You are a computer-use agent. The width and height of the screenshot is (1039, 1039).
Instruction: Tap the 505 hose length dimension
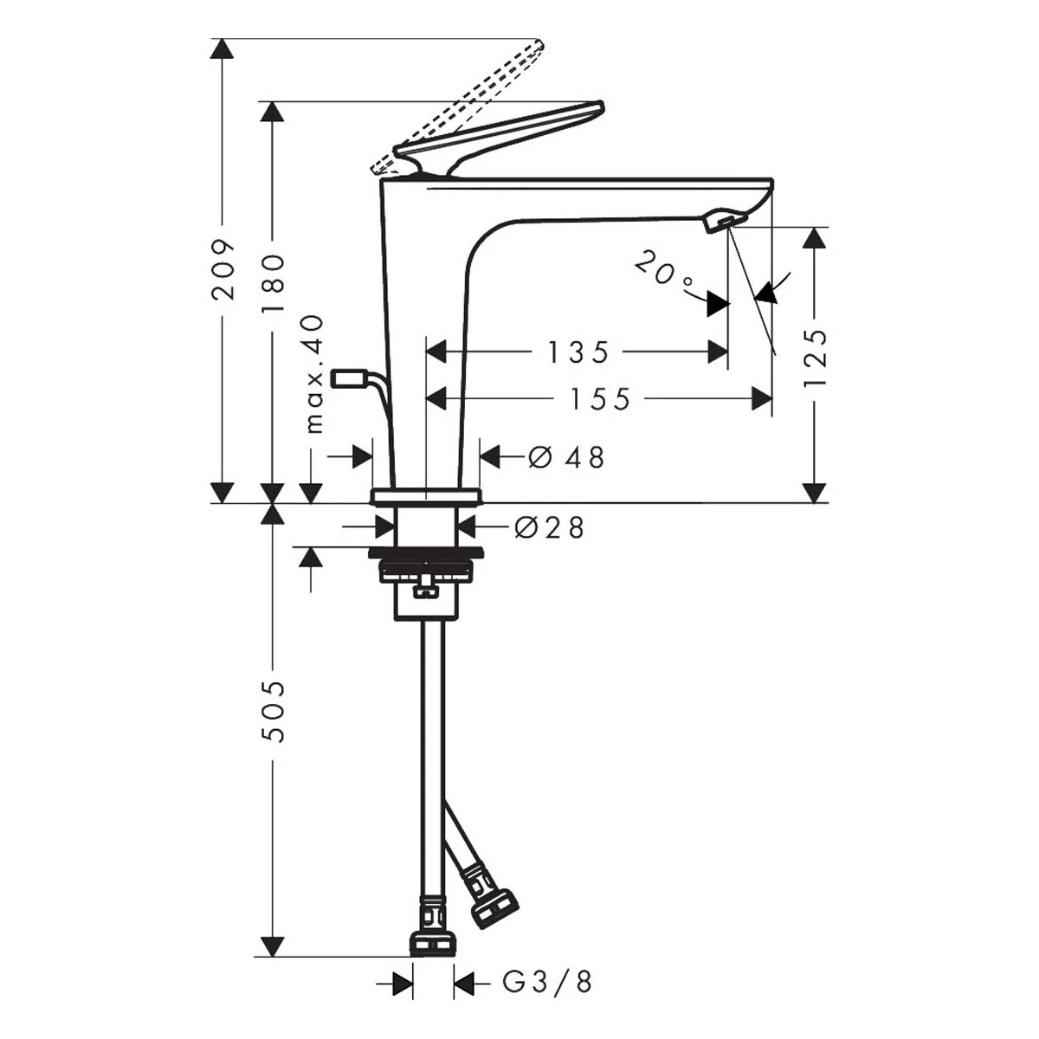[272, 711]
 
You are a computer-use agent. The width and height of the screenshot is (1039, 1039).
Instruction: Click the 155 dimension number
[600, 399]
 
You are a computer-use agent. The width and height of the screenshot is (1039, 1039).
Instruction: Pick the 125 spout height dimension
[815, 358]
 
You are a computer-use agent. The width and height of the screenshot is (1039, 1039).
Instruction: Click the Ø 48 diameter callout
[566, 458]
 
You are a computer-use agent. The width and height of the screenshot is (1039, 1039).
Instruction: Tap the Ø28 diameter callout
[550, 526]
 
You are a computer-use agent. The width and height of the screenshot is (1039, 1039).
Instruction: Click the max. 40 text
[314, 375]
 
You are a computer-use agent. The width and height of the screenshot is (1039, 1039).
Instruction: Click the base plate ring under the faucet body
[425, 497]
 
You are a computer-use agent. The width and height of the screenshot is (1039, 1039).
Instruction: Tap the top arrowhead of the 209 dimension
[223, 48]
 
